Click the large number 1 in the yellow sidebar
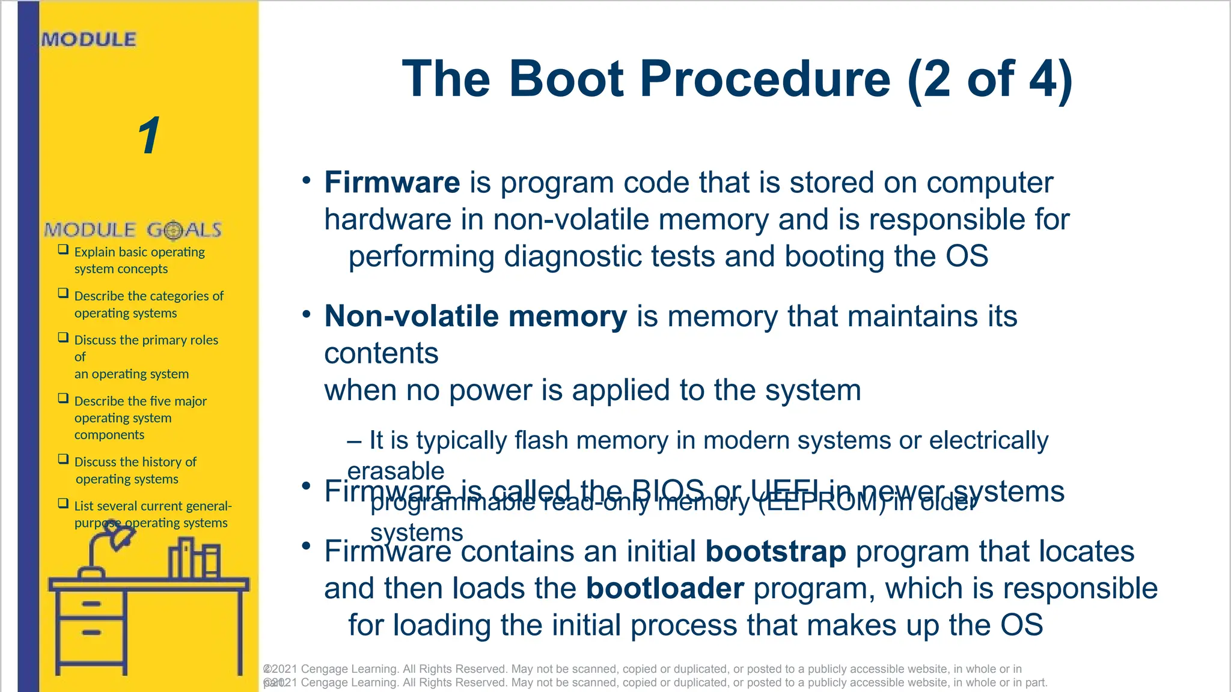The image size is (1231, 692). (149, 135)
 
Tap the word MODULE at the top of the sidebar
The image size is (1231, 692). (89, 40)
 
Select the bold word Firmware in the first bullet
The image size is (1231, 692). (392, 183)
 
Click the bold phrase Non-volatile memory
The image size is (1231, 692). (475, 317)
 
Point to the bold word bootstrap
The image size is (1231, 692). (775, 551)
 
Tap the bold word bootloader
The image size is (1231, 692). (665, 589)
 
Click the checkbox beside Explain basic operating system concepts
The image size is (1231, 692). (63, 249)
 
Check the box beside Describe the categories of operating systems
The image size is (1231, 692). (63, 293)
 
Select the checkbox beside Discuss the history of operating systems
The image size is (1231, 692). (63, 459)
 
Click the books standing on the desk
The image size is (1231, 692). (194, 559)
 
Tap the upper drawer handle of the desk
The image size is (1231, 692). (91, 604)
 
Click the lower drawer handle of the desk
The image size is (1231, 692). (91, 633)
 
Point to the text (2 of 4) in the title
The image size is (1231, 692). (989, 79)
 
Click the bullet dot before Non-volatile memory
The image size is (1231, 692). (307, 314)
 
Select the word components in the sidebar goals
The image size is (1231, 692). (109, 435)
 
